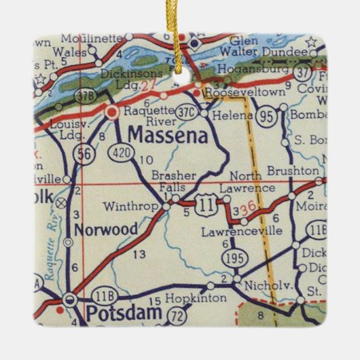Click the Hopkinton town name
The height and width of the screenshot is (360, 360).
pyautogui.click(x=177, y=298)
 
